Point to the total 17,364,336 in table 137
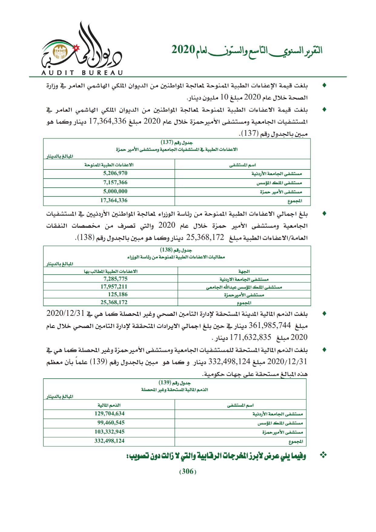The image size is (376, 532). point(114,200)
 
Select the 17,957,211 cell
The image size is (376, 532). point(114,286)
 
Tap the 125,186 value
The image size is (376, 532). point(118,294)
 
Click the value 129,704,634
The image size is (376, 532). point(109,413)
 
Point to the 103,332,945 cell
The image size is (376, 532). point(109,432)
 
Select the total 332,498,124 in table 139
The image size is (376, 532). point(109,441)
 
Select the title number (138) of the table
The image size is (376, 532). point(166,250)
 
